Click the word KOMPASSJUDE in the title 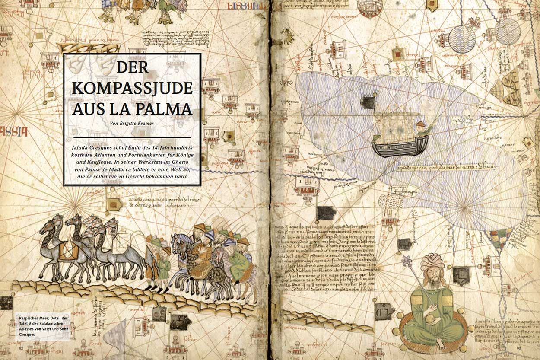132,88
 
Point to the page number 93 521,348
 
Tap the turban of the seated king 432,262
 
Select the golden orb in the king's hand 429,319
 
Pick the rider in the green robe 239,264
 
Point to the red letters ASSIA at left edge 14,131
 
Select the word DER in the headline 132,68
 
